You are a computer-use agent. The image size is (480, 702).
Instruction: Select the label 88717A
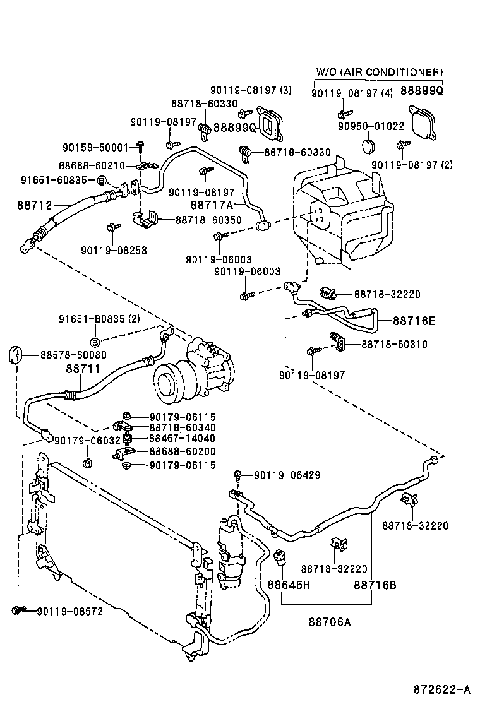212,205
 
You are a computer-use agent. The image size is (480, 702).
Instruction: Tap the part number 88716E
414,321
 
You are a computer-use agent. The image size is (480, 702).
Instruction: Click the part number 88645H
289,585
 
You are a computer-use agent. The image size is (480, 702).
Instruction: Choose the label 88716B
375,585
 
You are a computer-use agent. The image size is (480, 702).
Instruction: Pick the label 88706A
330,622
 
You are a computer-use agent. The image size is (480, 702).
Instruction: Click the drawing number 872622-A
441,688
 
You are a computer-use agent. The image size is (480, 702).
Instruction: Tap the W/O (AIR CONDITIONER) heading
380,73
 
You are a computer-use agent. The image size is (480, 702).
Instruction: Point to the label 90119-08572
69,611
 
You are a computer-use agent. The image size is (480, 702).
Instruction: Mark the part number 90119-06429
287,475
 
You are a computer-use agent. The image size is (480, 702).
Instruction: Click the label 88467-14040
183,438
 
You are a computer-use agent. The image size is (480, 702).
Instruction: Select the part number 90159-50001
95,147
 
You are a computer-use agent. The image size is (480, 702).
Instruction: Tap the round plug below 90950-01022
369,147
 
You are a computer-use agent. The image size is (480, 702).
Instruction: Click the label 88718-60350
208,220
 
